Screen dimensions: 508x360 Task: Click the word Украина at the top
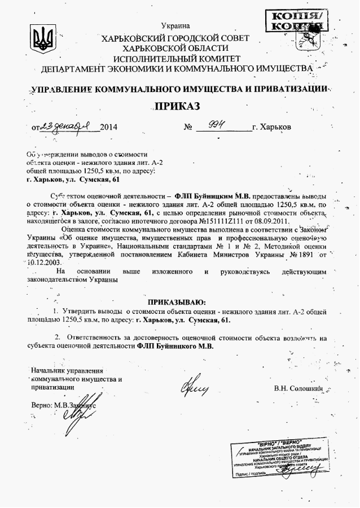click(x=175, y=25)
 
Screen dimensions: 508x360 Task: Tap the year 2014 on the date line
click(x=108, y=127)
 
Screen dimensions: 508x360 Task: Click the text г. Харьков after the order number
click(x=272, y=127)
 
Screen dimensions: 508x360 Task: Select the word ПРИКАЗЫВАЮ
click(x=177, y=302)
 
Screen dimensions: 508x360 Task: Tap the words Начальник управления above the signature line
click(x=67, y=371)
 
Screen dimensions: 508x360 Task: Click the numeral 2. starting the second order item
click(x=58, y=337)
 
